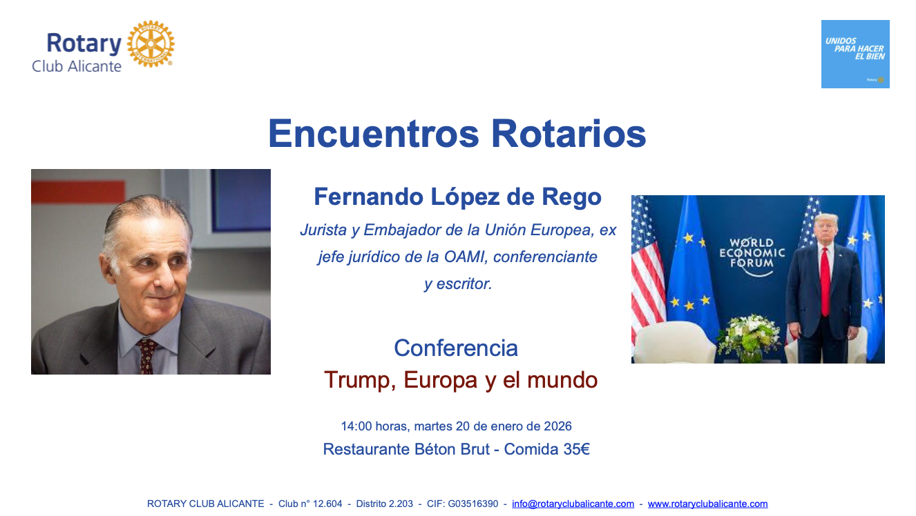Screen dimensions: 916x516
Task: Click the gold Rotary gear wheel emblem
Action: point(151,43)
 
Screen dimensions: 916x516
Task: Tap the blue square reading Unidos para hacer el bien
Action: point(855,54)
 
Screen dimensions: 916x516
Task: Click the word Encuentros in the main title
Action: point(373,134)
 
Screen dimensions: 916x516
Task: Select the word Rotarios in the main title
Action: point(569,134)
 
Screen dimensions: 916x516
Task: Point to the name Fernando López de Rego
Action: point(457,197)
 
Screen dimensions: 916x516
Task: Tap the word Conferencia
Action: point(456,348)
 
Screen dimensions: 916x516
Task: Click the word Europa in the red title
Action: point(441,380)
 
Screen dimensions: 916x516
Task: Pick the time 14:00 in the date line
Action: point(356,426)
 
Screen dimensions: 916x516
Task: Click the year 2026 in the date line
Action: point(557,426)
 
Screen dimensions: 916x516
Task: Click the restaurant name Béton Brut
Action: point(452,449)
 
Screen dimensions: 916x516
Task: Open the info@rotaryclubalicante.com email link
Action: point(573,504)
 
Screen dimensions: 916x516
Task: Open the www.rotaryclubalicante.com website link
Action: point(708,504)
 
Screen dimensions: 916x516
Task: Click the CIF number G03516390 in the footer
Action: point(473,504)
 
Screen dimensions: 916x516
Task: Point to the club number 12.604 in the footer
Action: point(327,504)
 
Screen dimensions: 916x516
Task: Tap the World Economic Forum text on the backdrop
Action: point(752,253)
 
